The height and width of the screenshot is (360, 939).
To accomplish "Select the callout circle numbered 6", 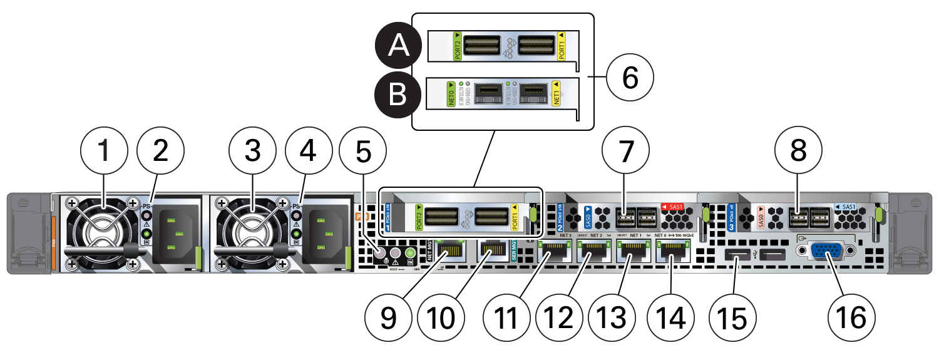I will tap(630, 79).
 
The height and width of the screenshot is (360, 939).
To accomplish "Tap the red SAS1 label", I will tap(674, 206).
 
